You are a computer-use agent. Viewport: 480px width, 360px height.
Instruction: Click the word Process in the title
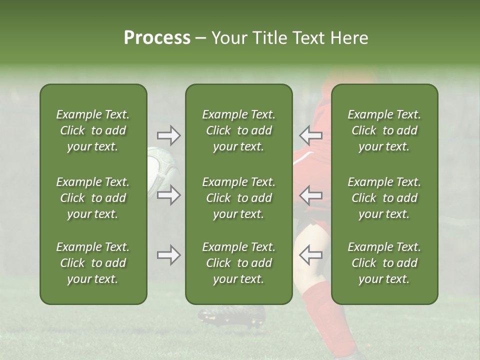(x=157, y=38)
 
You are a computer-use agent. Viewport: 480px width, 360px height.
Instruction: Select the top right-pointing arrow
(x=168, y=135)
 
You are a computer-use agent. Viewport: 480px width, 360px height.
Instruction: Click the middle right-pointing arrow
(x=168, y=195)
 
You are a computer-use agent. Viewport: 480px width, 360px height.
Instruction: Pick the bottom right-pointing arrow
(x=168, y=255)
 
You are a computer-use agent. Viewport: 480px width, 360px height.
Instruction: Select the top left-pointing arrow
(x=310, y=135)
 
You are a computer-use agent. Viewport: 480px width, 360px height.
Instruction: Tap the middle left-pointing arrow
(x=310, y=195)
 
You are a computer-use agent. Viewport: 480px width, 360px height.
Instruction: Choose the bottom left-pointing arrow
(x=310, y=255)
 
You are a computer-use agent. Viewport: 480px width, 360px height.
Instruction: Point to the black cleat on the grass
(x=231, y=314)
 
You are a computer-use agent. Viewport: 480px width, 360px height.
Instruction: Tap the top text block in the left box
(x=93, y=130)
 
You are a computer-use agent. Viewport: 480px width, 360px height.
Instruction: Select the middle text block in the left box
(x=93, y=198)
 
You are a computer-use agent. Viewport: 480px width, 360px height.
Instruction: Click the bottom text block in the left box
(x=93, y=263)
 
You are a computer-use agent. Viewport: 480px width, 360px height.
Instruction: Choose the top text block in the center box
(x=239, y=130)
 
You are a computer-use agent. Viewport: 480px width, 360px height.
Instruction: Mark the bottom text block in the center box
(x=239, y=263)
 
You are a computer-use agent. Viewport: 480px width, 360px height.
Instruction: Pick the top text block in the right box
(x=384, y=130)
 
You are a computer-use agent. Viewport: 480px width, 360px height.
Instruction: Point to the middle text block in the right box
(x=384, y=198)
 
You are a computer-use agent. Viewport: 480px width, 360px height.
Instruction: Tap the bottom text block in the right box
(x=384, y=263)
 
